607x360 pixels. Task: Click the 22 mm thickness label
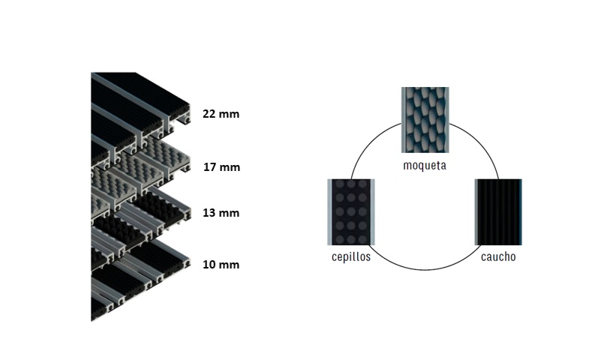coord(220,114)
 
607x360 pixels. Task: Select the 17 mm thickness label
coord(221,166)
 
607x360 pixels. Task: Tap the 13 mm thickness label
coord(221,213)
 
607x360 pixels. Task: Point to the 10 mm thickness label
coord(221,265)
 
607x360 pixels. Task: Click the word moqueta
coord(424,165)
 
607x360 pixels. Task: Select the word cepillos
coord(350,256)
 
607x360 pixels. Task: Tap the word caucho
coord(498,256)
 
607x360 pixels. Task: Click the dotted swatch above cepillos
coord(350,212)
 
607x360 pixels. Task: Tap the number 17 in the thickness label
coord(211,166)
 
